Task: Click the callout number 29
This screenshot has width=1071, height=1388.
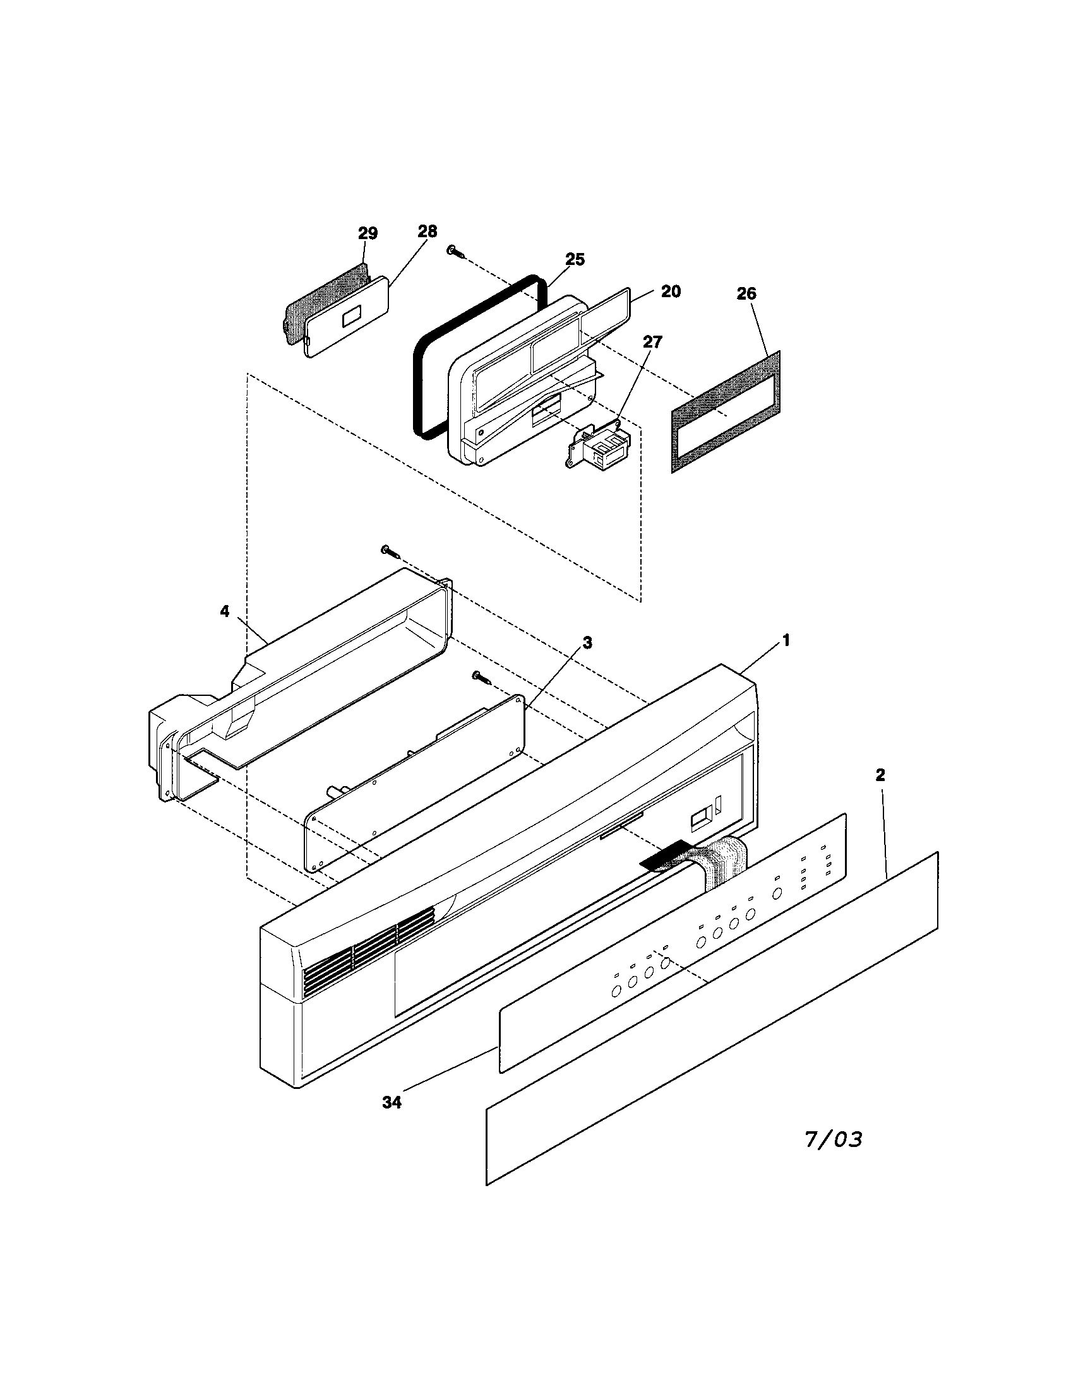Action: point(368,233)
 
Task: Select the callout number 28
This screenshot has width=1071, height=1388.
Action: point(428,232)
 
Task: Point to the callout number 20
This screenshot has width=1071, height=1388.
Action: point(671,291)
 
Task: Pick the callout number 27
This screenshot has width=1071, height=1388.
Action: point(652,342)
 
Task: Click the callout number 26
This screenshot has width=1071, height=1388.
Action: point(746,293)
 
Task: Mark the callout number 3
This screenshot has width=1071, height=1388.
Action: point(587,643)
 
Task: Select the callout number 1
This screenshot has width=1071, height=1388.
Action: point(786,641)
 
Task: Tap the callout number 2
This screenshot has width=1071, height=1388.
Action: point(880,775)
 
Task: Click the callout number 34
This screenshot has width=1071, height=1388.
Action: point(392,1103)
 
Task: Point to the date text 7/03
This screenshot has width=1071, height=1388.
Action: point(834,1139)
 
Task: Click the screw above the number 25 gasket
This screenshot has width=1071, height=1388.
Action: point(455,252)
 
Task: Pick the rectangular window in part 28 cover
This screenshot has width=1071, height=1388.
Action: point(351,318)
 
